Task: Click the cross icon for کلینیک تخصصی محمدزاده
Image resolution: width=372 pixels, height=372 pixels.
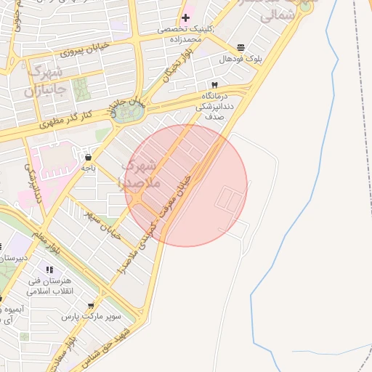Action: [x=186, y=17]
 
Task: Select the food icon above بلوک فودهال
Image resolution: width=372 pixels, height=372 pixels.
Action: [x=241, y=46]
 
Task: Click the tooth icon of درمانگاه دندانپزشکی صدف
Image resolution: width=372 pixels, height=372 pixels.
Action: [x=214, y=84]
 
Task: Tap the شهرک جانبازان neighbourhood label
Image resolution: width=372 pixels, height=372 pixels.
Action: [x=46, y=82]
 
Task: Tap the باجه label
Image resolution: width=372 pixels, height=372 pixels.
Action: [x=89, y=168]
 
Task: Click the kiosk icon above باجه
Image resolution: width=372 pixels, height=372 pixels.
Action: [x=89, y=157]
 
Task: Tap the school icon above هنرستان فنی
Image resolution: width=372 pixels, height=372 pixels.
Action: [x=49, y=270]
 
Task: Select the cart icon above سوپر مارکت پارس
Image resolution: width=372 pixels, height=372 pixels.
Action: [x=90, y=306]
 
